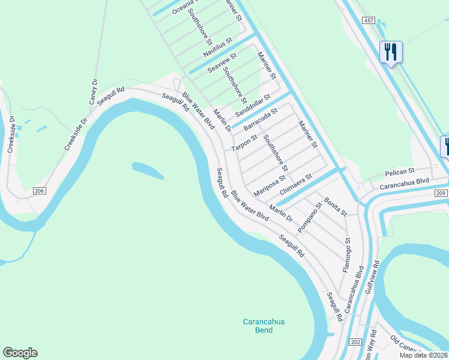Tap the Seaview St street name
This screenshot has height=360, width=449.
222,63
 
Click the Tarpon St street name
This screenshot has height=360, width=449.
244,143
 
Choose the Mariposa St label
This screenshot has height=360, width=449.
270,185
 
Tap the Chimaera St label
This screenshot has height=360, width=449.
296,184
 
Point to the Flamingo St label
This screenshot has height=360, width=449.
348,255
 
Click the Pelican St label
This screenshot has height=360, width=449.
400,172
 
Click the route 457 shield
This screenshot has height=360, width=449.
369,20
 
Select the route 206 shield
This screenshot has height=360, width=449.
39,191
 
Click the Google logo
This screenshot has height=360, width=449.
20,353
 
